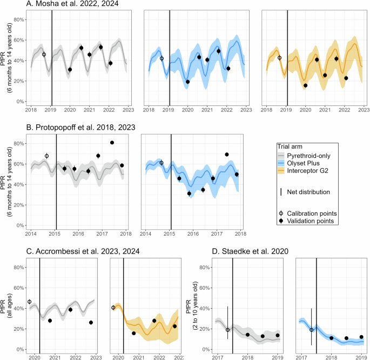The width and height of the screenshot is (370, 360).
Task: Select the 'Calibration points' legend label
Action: (x=312, y=211)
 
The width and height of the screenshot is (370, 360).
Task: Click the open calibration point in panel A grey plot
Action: (x=44, y=55)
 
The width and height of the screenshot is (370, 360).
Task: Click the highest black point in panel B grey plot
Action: (x=112, y=143)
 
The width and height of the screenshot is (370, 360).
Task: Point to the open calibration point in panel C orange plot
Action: (x=113, y=308)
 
